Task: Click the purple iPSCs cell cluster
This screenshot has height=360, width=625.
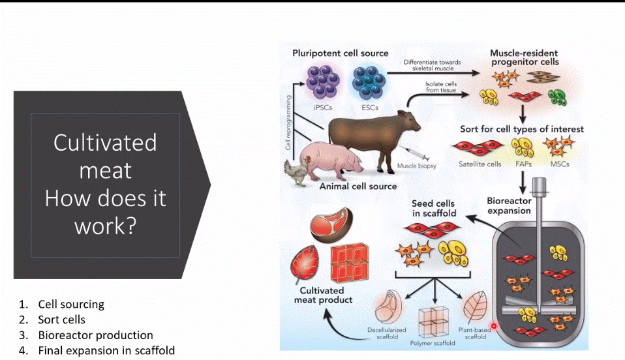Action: pyautogui.click(x=322, y=82)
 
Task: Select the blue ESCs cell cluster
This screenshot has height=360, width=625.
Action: pyautogui.click(x=369, y=82)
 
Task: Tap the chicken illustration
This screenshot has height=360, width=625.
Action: pyautogui.click(x=297, y=172)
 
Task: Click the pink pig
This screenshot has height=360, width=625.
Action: pyautogui.click(x=331, y=160)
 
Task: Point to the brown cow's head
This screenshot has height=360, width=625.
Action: pyautogui.click(x=408, y=121)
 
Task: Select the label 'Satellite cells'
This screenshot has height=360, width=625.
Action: pyautogui.click(x=480, y=164)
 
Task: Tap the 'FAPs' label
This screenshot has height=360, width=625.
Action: pyautogui.click(x=523, y=164)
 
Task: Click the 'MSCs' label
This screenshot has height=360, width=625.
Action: pyautogui.click(x=560, y=164)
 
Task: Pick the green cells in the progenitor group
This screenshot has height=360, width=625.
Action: pyautogui.click(x=557, y=97)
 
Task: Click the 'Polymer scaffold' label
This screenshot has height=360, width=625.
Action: pyautogui.click(x=433, y=343)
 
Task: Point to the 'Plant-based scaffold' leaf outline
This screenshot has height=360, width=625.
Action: pyautogui.click(x=475, y=307)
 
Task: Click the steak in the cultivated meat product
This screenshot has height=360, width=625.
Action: pyautogui.click(x=331, y=225)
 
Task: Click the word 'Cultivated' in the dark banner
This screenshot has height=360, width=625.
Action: pyautogui.click(x=105, y=142)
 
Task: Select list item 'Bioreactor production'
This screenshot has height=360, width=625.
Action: pyautogui.click(x=96, y=335)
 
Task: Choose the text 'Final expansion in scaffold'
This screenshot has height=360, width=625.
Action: pyautogui.click(x=106, y=350)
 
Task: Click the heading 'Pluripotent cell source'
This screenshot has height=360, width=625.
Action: pyautogui.click(x=341, y=53)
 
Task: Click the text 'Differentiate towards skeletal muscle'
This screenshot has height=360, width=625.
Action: pyautogui.click(x=433, y=65)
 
